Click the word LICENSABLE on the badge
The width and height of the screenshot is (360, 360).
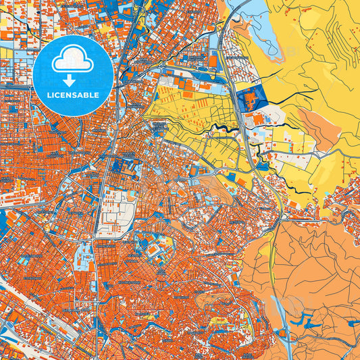(x=74, y=95)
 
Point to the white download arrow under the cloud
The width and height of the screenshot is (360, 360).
(x=73, y=76)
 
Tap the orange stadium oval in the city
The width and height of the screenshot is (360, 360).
(x=154, y=251)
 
